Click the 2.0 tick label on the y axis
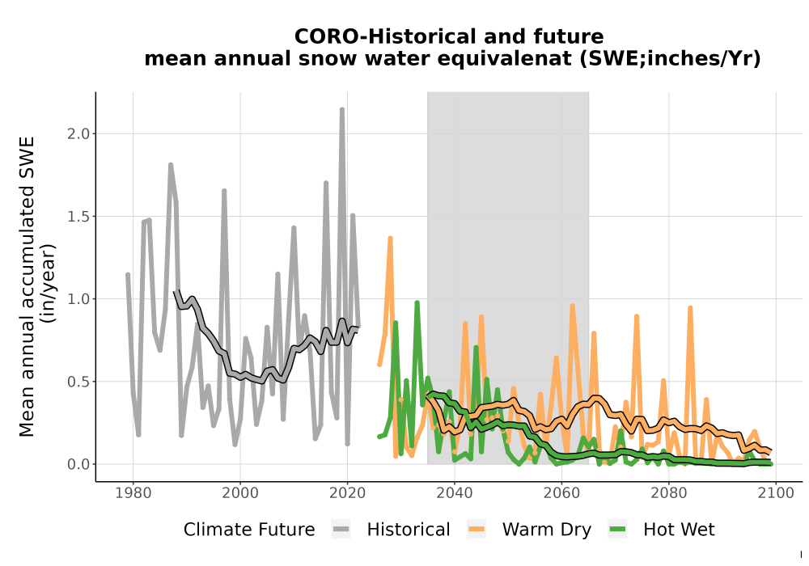[78, 134]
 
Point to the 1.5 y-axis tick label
[78, 217]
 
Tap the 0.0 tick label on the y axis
[78, 464]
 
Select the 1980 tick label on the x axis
[133, 493]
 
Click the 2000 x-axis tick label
[240, 493]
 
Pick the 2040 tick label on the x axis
[455, 493]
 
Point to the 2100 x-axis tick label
[776, 493]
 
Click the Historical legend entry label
[408, 530]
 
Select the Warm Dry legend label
[546, 530]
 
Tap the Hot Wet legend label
[679, 530]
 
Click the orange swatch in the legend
[477, 530]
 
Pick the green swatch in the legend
[617, 530]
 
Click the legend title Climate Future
[249, 530]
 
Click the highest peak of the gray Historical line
[342, 109]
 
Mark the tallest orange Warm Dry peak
[391, 239]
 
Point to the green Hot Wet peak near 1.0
[417, 302]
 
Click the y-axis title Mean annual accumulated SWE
[27, 286]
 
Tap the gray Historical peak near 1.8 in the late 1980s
[170, 165]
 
